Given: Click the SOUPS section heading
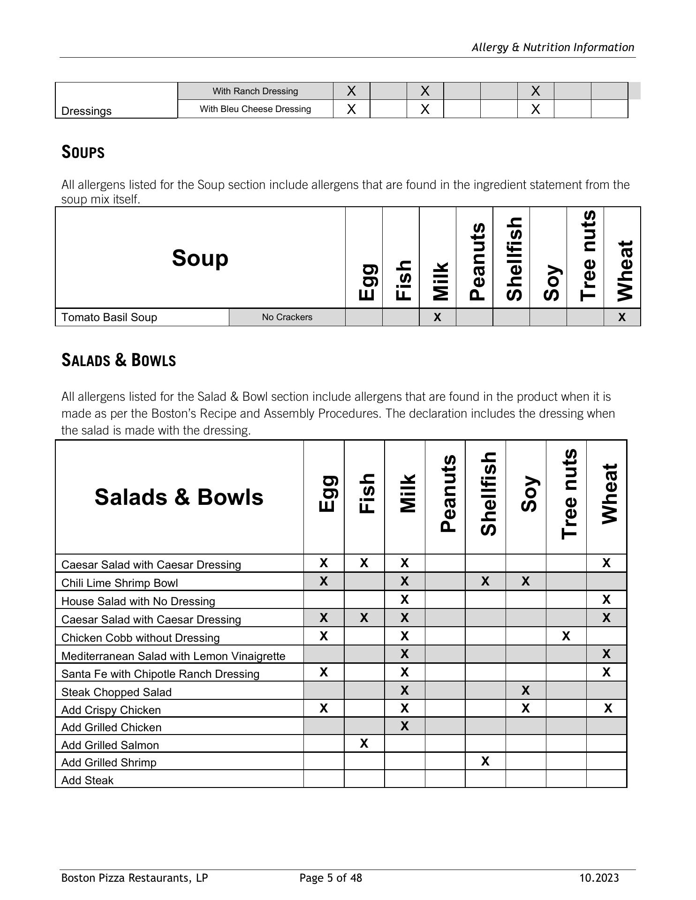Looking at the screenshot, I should click(x=83, y=152).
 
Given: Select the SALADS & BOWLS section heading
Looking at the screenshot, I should click(x=119, y=360).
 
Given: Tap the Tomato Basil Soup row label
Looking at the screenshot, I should click(x=109, y=317).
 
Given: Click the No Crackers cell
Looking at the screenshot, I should click(x=287, y=317).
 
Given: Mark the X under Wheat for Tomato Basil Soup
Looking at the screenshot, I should click(x=622, y=317).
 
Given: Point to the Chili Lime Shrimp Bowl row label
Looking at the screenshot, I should click(x=120, y=583).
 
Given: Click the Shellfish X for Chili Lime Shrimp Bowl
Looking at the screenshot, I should click(x=485, y=582).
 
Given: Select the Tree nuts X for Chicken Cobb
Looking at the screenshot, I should click(x=566, y=637).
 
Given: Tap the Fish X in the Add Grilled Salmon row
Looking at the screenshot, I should click(x=364, y=743).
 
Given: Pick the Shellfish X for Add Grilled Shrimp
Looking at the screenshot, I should click(x=485, y=761).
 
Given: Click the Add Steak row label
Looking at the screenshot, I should click(x=88, y=780).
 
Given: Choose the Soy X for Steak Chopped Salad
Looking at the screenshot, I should click(x=526, y=690).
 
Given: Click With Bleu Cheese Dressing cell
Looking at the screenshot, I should click(x=256, y=109).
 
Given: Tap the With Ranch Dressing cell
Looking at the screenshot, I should click(x=256, y=91).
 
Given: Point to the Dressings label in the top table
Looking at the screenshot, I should click(x=87, y=111).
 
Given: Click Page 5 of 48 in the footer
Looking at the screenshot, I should click(x=331, y=878).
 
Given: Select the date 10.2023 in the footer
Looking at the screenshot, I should click(x=599, y=878).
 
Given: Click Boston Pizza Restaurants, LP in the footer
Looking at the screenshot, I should click(x=135, y=878).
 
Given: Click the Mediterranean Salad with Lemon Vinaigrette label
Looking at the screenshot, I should click(x=174, y=656).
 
